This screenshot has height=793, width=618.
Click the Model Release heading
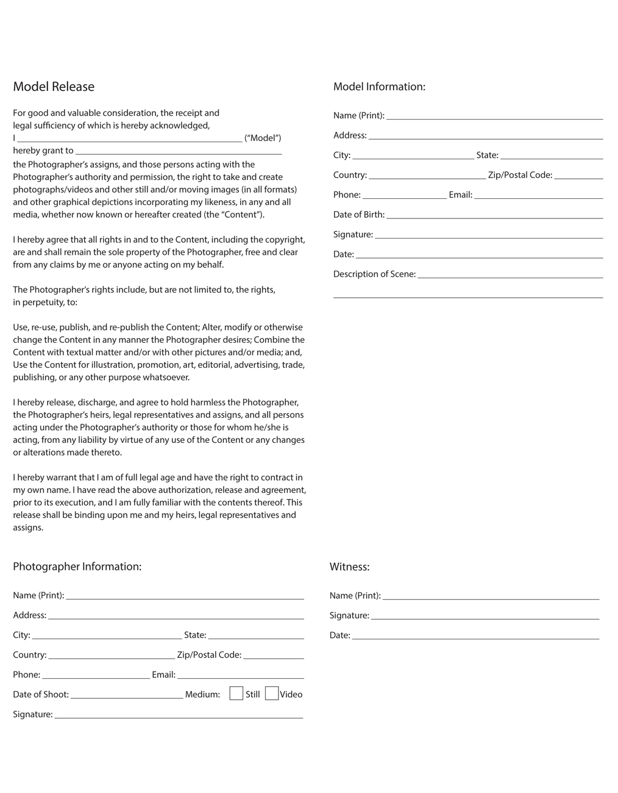pos(54,87)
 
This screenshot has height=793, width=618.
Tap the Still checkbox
pos(236,694)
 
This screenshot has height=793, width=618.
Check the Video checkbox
pos(272,694)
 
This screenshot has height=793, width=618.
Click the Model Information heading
pos(379,87)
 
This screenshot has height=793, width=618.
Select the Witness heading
pos(349,567)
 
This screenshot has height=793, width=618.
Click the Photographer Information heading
pos(77,567)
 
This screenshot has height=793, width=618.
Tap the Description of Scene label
pos(374,274)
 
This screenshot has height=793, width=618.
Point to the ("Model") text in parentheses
pos(263,138)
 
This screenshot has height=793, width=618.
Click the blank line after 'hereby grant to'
pos(179,153)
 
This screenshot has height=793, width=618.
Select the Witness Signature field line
pos(485,618)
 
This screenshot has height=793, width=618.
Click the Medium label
pos(202,694)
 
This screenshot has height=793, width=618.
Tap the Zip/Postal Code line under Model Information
pos(578,178)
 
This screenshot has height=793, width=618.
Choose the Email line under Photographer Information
pos(241,677)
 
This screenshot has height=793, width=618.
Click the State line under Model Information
pos(552,157)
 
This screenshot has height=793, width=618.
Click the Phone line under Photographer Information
pos(96,677)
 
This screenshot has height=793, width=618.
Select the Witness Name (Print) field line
pos(491,598)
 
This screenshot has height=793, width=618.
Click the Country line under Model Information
pos(427,178)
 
